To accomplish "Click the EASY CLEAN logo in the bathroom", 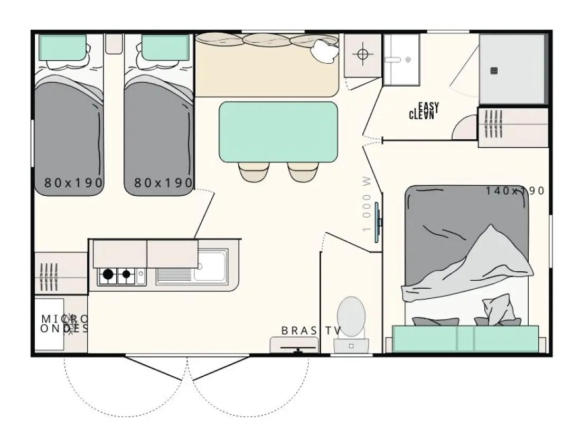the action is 424,111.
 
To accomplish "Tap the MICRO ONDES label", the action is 64,324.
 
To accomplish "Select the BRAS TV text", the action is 311,330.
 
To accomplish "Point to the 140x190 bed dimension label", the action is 514,191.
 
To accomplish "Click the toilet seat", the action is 351,316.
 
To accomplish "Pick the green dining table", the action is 278,132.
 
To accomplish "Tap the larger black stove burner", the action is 108,274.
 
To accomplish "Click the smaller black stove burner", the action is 126,274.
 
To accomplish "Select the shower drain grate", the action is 493,71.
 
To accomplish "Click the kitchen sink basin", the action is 210,266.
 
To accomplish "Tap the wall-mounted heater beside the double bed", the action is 378,222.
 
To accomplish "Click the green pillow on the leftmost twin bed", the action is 63,47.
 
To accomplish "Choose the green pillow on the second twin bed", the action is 165,47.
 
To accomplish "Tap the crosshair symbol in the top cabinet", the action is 363,54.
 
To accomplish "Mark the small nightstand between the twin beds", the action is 114,44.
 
